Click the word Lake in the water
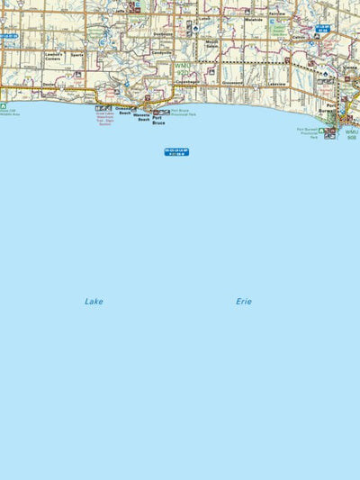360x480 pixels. [94, 302]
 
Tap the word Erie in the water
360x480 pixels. [244, 302]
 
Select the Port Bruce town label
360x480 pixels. [158, 120]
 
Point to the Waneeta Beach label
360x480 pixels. [141, 118]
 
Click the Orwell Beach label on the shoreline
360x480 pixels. [123, 111]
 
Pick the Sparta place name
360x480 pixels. [77, 55]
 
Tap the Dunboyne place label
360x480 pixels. [162, 34]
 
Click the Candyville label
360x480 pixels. [161, 52]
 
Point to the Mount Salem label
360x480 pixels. [212, 44]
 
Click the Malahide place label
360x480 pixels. [253, 19]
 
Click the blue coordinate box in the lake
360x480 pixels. [176, 152]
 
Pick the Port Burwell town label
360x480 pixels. [331, 107]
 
